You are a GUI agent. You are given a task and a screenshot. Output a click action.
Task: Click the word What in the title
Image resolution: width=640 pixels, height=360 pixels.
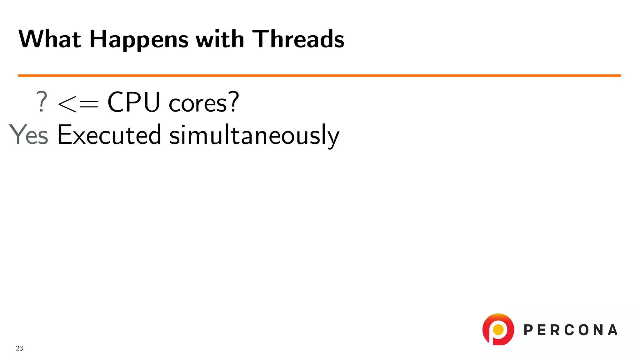tap(50, 39)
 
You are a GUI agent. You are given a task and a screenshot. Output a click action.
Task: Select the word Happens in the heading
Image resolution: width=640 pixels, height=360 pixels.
tap(139, 40)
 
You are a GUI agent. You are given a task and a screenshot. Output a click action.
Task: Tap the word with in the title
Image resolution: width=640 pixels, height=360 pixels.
tap(220, 39)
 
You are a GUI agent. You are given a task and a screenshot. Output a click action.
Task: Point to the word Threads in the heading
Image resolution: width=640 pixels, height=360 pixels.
tap(298, 39)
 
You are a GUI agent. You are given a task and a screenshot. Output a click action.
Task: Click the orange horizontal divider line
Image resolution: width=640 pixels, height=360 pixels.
tap(319, 76)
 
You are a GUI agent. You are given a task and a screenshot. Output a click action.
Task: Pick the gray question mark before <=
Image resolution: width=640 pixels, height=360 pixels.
tap(42, 102)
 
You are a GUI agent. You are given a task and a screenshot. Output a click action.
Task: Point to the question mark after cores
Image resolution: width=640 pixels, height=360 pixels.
tap(233, 102)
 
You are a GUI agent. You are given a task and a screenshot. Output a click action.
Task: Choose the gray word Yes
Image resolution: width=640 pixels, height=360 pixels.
tap(29, 134)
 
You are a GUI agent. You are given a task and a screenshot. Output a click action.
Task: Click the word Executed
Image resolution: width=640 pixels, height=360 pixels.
tap(109, 135)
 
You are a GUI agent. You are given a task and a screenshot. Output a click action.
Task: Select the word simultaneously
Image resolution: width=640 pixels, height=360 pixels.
tap(254, 135)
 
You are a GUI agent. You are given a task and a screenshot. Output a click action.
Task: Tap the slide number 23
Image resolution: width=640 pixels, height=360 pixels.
tap(19, 348)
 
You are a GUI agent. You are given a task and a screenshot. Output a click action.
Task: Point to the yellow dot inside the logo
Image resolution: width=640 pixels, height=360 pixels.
tap(498, 329)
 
